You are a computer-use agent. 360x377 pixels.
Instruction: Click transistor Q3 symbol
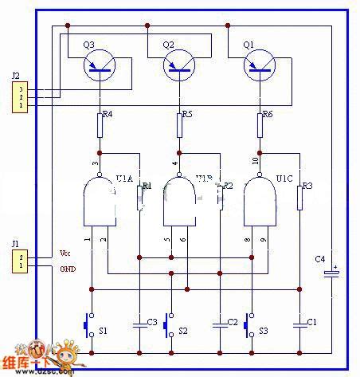point(100,65)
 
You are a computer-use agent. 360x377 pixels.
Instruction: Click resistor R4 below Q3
point(100,124)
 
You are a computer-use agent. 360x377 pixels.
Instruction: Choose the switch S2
point(166,324)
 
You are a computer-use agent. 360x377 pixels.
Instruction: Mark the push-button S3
point(245,324)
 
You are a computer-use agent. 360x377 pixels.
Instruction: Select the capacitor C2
point(220,323)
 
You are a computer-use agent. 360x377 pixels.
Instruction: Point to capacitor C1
point(299,323)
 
